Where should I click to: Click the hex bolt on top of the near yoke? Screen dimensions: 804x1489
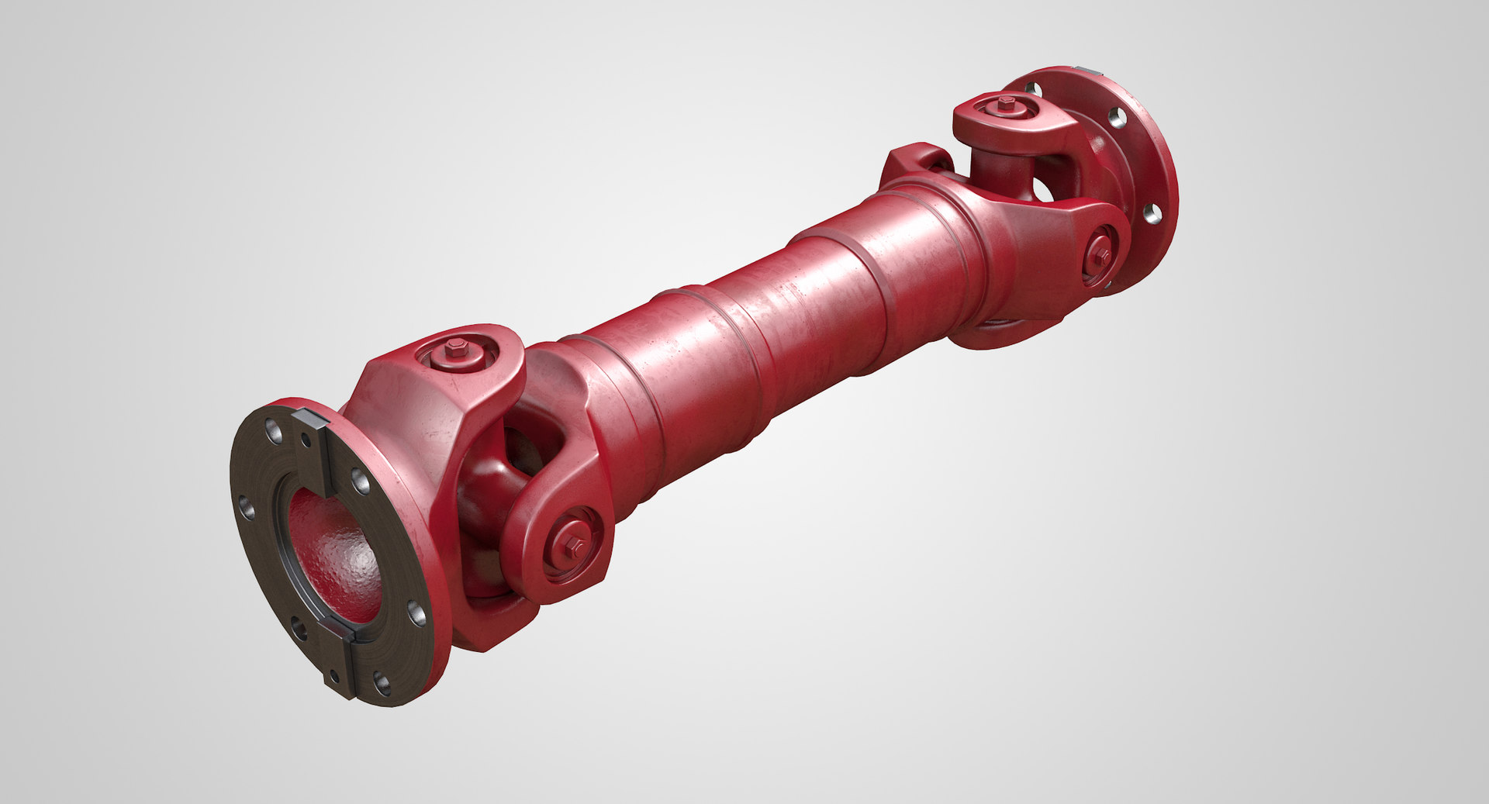coord(457,350)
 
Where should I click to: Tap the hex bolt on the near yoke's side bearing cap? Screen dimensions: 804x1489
coord(575,543)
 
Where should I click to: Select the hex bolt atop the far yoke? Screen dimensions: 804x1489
coord(1007,102)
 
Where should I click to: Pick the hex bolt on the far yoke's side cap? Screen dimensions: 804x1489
coord(1100,254)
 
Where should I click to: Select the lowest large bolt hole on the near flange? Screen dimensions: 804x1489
coord(382,683)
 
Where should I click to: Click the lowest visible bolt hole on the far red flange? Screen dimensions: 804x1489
coord(1153,213)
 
